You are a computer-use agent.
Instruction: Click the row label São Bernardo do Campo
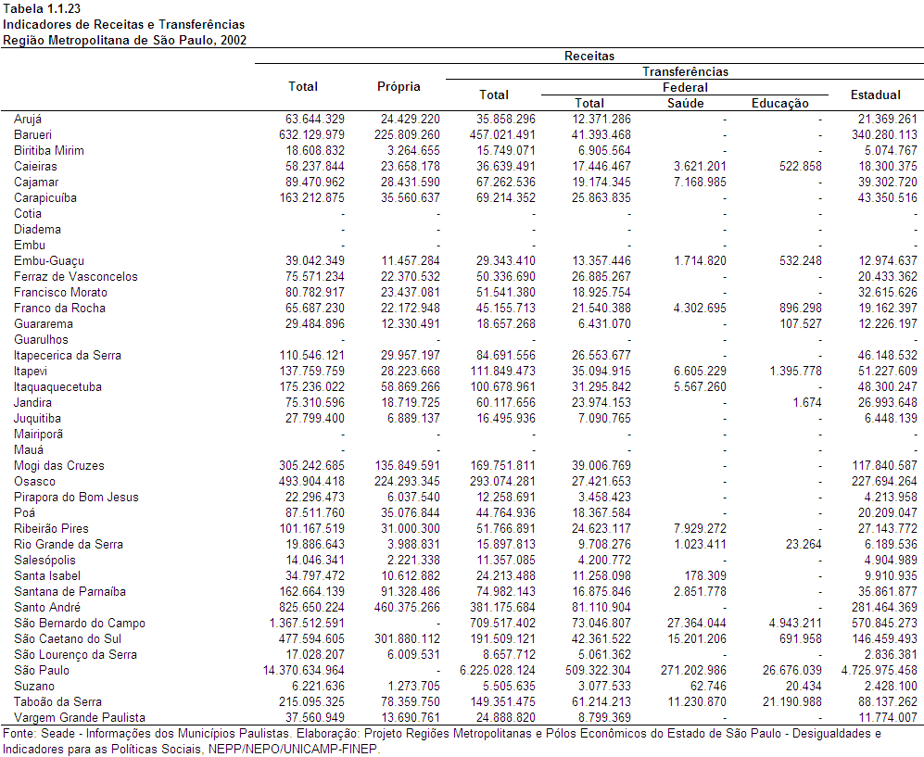coord(80,624)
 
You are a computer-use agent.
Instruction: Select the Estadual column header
coord(875,95)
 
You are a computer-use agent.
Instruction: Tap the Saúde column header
coord(685,103)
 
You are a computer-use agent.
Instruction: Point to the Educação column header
coord(779,103)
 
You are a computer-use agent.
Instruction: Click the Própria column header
coord(399,86)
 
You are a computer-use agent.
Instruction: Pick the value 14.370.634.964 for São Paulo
coord(303,671)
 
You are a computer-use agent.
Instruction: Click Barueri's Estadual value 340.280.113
coord(884,135)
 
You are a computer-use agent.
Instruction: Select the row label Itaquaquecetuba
coord(57,387)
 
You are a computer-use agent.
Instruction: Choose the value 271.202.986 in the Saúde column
coord(693,671)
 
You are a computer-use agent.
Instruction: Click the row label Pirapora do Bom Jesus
coord(76,498)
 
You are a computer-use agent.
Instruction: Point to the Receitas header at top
coord(589,56)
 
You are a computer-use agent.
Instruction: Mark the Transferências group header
coord(685,72)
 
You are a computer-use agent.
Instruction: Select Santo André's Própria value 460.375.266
coord(407,608)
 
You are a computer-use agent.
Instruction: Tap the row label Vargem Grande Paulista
coord(80,717)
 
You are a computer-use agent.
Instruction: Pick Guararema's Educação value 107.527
coord(801,324)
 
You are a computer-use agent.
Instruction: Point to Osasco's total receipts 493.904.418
coord(311,481)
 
